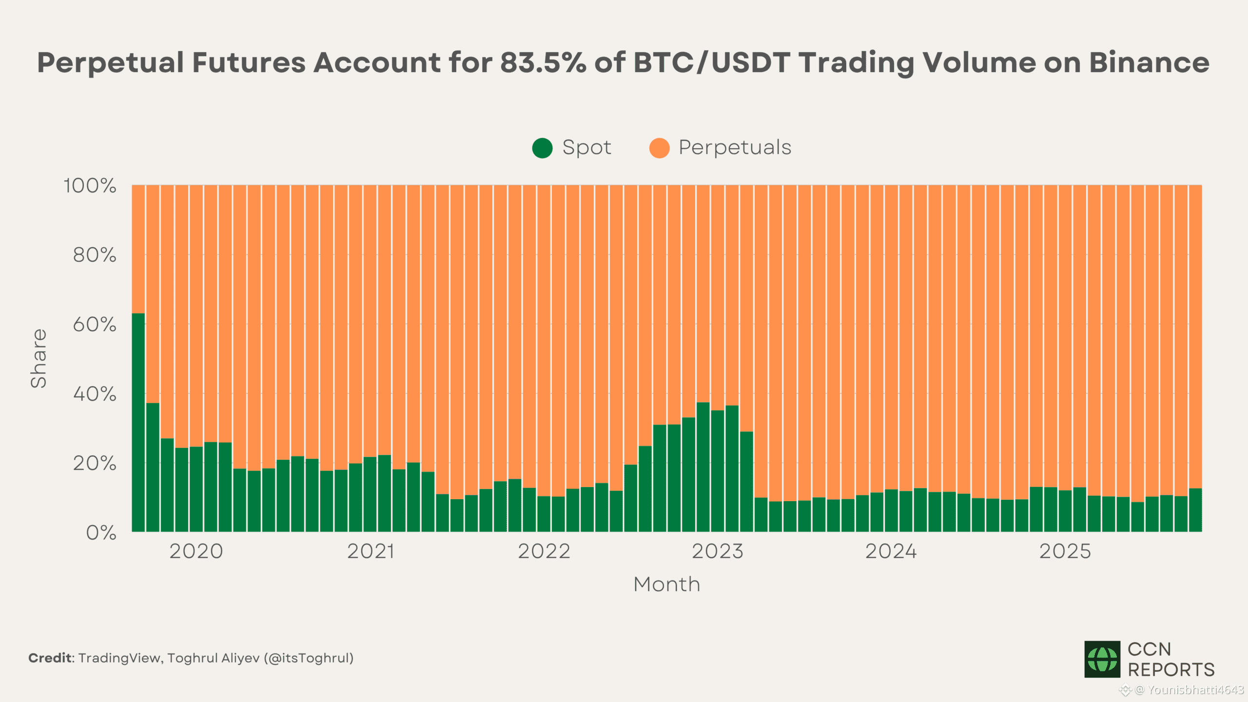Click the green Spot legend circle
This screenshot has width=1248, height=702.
tap(542, 148)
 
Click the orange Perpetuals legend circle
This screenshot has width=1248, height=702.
tap(659, 148)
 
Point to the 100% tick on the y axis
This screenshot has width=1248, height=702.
tap(90, 186)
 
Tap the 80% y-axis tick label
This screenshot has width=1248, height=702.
tap(95, 255)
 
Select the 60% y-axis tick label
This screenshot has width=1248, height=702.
tap(95, 325)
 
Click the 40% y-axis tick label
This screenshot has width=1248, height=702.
tap(95, 394)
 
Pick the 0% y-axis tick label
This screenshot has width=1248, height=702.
tap(101, 533)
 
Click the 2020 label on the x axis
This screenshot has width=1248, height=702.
tap(196, 551)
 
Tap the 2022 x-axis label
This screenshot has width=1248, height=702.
tap(544, 551)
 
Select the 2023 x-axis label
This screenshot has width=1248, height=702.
tap(718, 551)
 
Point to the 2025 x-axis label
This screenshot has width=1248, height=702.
tap(1065, 551)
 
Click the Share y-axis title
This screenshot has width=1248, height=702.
tap(39, 358)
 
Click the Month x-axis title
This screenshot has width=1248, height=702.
tap(666, 584)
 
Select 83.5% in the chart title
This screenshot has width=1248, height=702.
tap(543, 63)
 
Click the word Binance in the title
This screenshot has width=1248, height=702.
tap(1149, 63)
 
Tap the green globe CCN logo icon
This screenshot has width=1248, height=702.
tap(1102, 659)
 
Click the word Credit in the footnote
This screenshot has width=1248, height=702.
tap(50, 658)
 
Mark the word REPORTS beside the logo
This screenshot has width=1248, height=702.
tap(1171, 670)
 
